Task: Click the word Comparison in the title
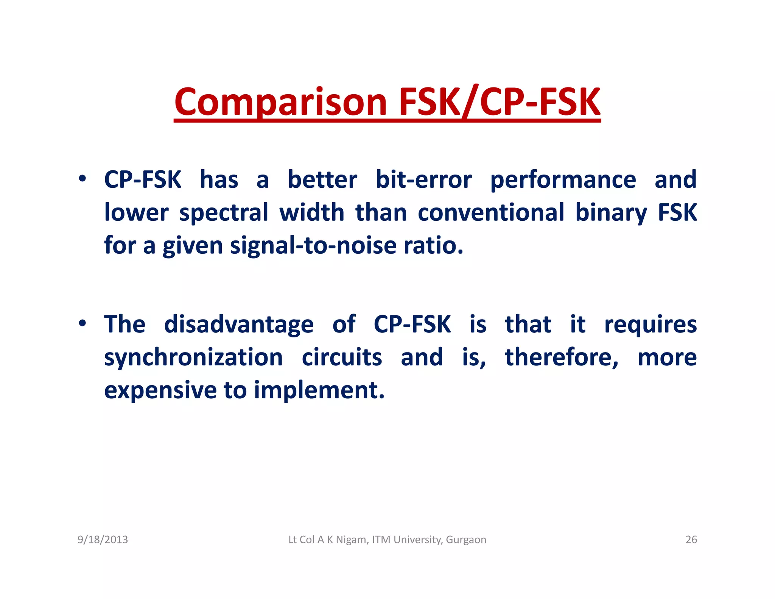(x=280, y=102)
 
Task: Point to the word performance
(x=563, y=180)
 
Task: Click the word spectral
(x=224, y=213)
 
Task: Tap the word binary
(x=611, y=213)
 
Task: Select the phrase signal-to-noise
(x=313, y=246)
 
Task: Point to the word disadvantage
(x=239, y=324)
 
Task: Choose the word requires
(x=650, y=325)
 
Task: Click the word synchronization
(x=193, y=358)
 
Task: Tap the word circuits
(x=342, y=357)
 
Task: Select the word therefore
(x=562, y=357)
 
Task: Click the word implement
(x=319, y=390)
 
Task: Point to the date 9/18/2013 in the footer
(x=103, y=540)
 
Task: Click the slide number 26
(x=691, y=540)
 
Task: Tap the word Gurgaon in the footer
(x=466, y=540)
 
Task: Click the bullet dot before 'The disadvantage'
(x=82, y=323)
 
